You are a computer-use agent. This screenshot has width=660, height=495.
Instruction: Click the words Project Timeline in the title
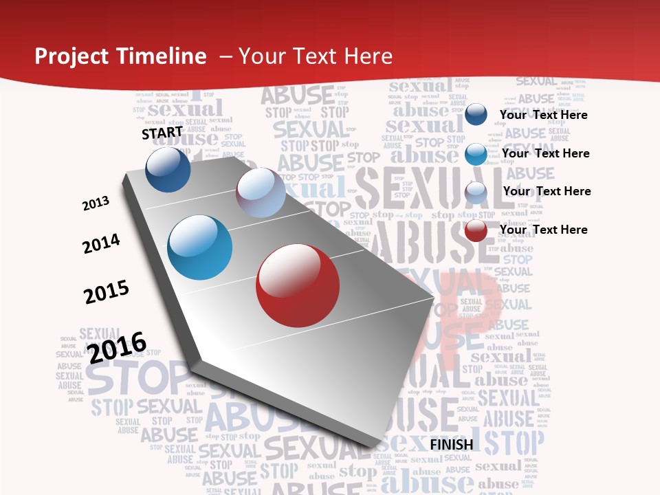(120, 56)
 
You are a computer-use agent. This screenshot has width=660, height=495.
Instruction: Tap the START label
(162, 133)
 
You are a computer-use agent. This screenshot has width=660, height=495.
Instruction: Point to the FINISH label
(452, 444)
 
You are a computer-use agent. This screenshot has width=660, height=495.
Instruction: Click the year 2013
(96, 203)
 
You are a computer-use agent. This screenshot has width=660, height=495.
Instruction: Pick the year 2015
(107, 292)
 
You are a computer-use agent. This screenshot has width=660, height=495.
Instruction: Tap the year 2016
(117, 347)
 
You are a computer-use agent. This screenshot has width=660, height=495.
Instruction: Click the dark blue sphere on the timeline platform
(168, 169)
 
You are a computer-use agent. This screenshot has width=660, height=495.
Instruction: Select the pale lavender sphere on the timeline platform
(261, 192)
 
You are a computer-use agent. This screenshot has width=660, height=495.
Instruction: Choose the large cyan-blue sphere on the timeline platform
(200, 247)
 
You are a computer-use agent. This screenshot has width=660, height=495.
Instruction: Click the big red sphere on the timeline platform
(298, 285)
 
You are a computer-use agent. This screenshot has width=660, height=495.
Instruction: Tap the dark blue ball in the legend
(476, 114)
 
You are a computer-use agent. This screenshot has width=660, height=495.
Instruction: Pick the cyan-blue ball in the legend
(476, 154)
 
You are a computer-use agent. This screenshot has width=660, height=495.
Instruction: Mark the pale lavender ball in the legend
(476, 192)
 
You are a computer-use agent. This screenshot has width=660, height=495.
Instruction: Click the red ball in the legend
(476, 231)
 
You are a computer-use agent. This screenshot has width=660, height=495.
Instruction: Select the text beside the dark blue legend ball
(543, 115)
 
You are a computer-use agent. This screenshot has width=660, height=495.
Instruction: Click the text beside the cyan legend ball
(545, 153)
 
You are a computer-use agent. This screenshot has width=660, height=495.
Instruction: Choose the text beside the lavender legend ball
(547, 191)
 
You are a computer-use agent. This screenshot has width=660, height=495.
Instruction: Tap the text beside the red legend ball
(543, 230)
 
